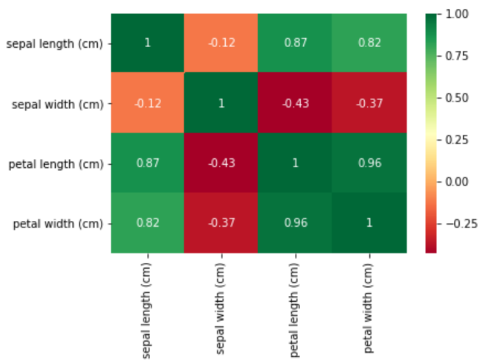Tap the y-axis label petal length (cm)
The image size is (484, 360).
point(57,163)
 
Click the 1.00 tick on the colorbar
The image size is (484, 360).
point(457,14)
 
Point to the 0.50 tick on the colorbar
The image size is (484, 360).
point(457,98)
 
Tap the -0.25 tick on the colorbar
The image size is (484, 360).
point(457,224)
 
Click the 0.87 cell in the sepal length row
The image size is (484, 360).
point(295,43)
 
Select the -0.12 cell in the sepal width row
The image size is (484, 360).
point(148,103)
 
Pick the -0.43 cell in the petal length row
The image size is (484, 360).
point(221,163)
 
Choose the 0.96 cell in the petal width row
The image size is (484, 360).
point(295,222)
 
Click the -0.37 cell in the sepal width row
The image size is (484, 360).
point(369,103)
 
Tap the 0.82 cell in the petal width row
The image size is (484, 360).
point(148,222)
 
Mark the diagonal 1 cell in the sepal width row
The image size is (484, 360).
point(221,103)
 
